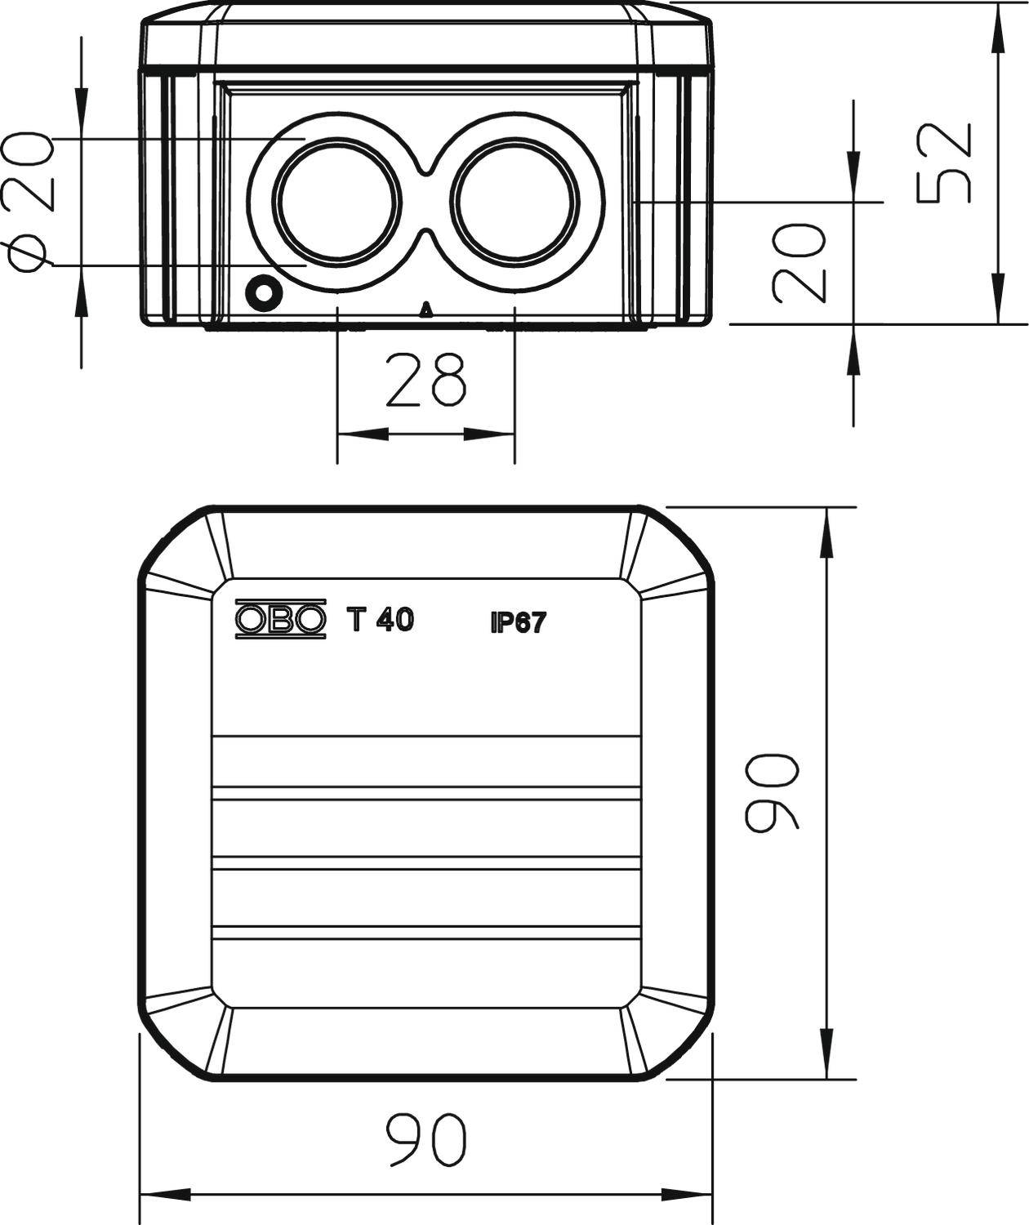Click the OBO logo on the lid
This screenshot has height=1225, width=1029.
click(280, 621)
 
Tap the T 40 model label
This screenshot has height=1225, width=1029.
click(381, 621)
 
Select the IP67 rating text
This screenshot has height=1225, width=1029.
click(517, 624)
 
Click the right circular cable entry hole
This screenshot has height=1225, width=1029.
click(514, 202)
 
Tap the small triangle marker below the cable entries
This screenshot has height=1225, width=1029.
click(425, 310)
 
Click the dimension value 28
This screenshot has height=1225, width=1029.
click(425, 381)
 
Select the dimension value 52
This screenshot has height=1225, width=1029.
click(945, 163)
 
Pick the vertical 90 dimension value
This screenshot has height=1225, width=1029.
click(772, 793)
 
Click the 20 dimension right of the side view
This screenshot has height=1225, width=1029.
click(798, 262)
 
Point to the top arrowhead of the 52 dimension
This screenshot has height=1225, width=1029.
click(997, 24)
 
